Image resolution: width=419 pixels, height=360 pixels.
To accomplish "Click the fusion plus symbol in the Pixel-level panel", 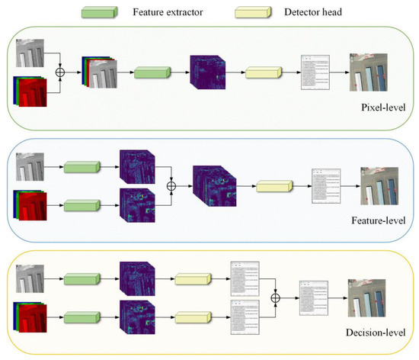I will (60, 73).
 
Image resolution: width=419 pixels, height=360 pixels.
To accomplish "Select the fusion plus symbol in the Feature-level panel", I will (172, 185).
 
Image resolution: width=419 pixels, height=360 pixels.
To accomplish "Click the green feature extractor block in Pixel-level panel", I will (152, 73).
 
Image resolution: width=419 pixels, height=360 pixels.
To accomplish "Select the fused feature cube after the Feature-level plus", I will (216, 186).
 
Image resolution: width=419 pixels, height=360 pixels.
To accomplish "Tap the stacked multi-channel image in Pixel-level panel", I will (95, 73).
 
